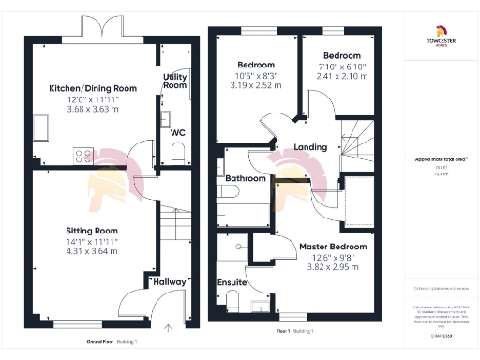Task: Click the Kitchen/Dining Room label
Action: pos(93,88)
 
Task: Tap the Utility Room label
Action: pos(175,81)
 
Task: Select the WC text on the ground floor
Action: pos(177,132)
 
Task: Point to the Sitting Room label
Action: pos(92,230)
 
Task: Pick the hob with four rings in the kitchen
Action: pos(82,157)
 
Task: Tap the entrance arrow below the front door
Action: pos(168,327)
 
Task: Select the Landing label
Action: pos(310,148)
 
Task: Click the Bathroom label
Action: pos(247,178)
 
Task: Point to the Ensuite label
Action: pos(232,281)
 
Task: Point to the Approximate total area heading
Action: pos(439,160)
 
